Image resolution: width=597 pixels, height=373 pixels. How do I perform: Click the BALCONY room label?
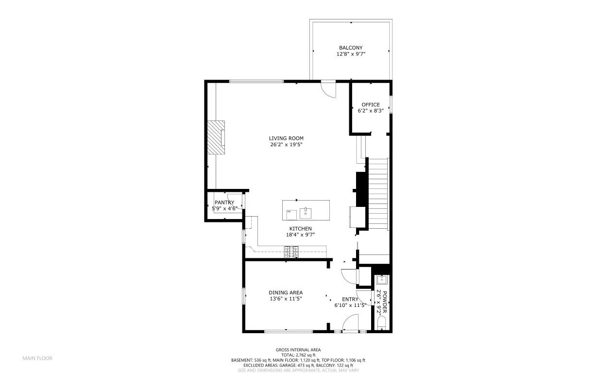pyautogui.click(x=351, y=48)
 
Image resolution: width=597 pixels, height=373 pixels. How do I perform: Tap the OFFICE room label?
pyautogui.click(x=371, y=105)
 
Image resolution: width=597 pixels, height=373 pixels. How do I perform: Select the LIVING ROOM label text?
pyautogui.click(x=286, y=138)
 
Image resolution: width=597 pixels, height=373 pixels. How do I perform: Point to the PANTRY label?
pyautogui.click(x=224, y=203)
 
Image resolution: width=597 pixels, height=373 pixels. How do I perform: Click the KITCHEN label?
pyautogui.click(x=300, y=229)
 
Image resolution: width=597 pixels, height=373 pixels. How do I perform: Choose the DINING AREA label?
pyautogui.click(x=286, y=292)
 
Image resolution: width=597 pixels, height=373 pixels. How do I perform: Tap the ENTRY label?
pyautogui.click(x=350, y=299)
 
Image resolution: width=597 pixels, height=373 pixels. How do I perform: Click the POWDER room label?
pyautogui.click(x=384, y=302)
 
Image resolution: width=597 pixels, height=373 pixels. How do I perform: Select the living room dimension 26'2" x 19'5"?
pyautogui.click(x=286, y=145)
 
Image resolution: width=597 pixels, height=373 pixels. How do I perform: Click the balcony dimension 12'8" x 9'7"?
pyautogui.click(x=351, y=54)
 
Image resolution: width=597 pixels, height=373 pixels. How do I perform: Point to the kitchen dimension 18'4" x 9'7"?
pyautogui.click(x=300, y=235)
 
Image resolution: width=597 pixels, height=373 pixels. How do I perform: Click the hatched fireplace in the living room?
pyautogui.click(x=216, y=137)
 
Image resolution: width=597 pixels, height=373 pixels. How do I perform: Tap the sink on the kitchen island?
pyautogui.click(x=306, y=213)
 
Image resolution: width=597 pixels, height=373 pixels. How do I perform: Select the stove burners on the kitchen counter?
pyautogui.click(x=291, y=252)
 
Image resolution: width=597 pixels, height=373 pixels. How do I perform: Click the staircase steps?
pyautogui.click(x=378, y=194)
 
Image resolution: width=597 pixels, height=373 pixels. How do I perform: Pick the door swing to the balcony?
pyautogui.click(x=328, y=89)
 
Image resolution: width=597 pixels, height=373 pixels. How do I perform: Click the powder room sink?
pyautogui.click(x=382, y=280)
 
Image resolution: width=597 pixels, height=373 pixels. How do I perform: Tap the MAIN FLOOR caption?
pyautogui.click(x=37, y=358)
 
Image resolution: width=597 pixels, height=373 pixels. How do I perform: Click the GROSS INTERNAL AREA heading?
pyautogui.click(x=298, y=350)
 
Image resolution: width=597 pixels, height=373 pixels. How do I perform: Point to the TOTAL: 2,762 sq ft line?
pyautogui.click(x=298, y=355)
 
